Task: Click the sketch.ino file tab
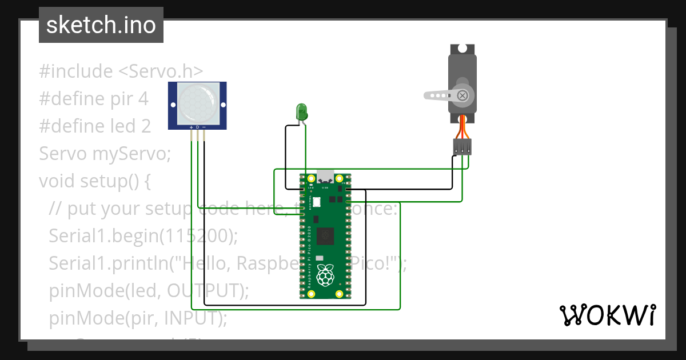coord(101,25)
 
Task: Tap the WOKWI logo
coord(607,315)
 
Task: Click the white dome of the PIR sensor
coord(197,102)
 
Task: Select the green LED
coord(301,111)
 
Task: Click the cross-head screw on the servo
coord(462,95)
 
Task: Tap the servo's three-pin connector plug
coord(462,147)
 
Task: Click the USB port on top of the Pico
coord(325,175)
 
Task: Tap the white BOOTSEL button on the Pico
coord(316,202)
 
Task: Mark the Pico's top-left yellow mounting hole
coord(311,178)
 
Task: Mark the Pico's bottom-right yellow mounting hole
coord(340,294)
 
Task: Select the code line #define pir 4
coord(94,99)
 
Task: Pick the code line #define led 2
coord(95,126)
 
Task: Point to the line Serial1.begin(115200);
coord(143,235)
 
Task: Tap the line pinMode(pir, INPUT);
coord(138,318)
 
